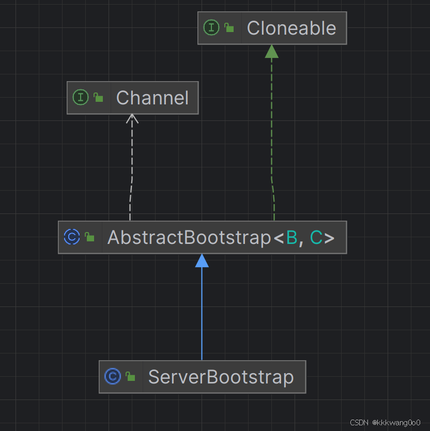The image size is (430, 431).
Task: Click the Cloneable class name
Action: [x=291, y=28]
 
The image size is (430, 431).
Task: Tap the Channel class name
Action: [x=152, y=98]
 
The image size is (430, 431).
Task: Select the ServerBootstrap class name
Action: [x=221, y=377]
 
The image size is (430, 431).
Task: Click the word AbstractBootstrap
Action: [x=190, y=237]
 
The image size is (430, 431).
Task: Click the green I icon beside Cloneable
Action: [x=211, y=27]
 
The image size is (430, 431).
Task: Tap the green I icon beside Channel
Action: [x=81, y=97]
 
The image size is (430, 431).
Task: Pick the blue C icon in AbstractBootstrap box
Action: [x=72, y=237]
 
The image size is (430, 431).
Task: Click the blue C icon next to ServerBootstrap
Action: [x=113, y=376]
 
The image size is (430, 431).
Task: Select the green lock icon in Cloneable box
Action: [x=229, y=27]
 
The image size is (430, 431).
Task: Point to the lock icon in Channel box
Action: [x=98, y=97]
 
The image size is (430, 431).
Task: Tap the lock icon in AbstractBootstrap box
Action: [x=89, y=237]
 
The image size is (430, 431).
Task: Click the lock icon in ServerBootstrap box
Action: [x=130, y=376]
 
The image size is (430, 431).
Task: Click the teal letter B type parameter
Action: [x=292, y=237]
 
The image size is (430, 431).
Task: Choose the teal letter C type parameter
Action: [x=316, y=237]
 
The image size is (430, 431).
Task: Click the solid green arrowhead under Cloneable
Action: [x=272, y=51]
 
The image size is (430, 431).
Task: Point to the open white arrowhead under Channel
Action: [x=132, y=119]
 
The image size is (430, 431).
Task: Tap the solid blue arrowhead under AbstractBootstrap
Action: [x=202, y=260]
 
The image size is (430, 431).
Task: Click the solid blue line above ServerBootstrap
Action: [x=202, y=314]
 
